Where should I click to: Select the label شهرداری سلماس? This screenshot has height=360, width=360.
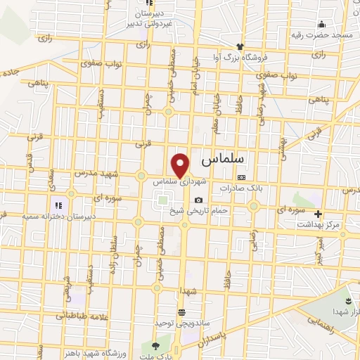coord(183,181)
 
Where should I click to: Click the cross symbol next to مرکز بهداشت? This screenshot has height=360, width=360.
coord(319,214)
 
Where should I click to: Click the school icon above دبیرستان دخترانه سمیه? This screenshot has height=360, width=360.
coord(58,206)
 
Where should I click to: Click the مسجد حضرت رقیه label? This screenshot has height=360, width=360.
coord(321,34)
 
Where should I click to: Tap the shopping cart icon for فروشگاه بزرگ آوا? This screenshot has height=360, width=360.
coord(215,58)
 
